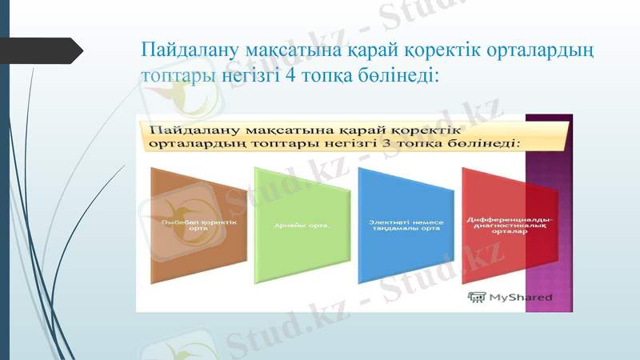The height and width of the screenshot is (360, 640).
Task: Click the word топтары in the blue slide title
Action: click(176, 76)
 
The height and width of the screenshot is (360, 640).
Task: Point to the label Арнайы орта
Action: click(299, 225)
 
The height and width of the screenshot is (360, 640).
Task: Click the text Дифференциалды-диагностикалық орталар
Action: click(510, 225)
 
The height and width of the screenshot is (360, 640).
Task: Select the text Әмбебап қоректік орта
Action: click(190, 225)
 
